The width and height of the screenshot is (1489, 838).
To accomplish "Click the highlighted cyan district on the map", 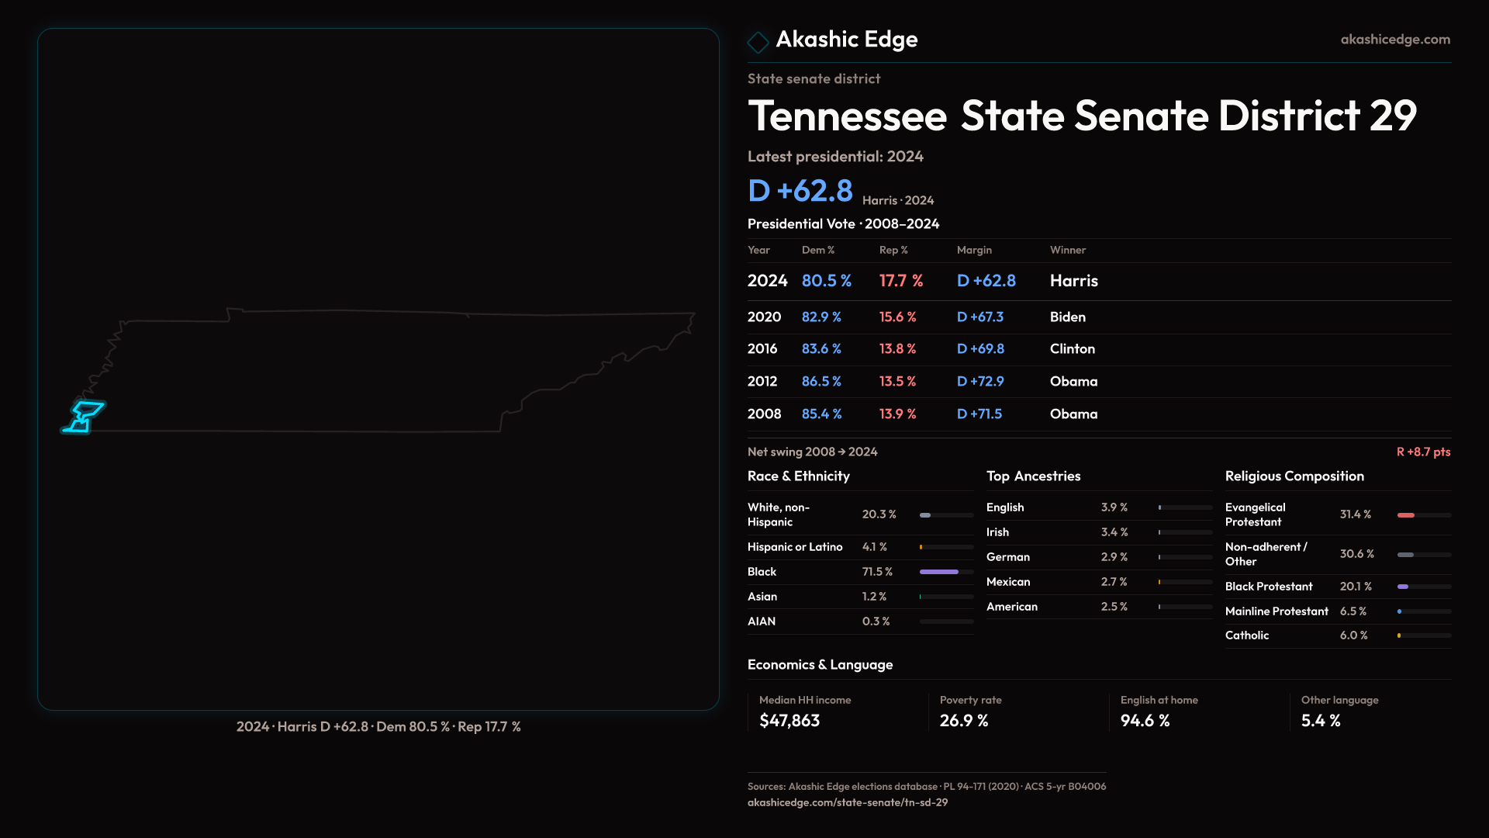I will click(84, 416).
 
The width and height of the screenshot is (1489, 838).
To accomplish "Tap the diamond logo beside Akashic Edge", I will click(758, 41).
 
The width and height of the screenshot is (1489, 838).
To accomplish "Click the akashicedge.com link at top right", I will click(1395, 40).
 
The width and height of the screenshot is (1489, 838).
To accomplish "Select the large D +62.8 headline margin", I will click(800, 191).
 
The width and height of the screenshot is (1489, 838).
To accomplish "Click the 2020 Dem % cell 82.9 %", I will click(821, 317).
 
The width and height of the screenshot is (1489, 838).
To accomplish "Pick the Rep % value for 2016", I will click(897, 349).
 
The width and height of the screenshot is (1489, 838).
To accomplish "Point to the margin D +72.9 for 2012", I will click(980, 382).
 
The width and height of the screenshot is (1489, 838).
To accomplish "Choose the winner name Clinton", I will click(1073, 349).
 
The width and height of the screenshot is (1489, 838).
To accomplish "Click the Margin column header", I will click(974, 250).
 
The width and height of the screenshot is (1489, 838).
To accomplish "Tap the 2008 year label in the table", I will click(764, 414).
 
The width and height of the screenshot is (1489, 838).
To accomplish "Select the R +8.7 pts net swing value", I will click(1423, 452).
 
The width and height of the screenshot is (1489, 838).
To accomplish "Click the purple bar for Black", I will click(939, 572).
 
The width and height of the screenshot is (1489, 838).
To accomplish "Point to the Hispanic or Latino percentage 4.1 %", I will click(875, 547).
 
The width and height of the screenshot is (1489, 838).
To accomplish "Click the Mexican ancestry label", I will click(1008, 582).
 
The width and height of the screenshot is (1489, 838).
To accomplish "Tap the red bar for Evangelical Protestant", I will click(1406, 515).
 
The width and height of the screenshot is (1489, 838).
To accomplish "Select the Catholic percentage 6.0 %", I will click(1354, 635).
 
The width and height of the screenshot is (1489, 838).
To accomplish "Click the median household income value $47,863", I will click(789, 721).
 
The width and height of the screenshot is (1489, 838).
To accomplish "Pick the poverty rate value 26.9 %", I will click(964, 721).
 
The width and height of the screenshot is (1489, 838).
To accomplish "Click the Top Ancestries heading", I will click(1033, 476).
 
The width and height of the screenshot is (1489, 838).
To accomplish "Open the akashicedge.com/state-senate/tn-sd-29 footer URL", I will click(848, 802).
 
